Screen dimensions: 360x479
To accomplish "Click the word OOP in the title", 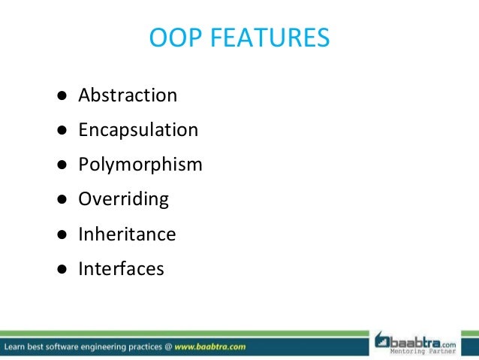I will coord(176,38).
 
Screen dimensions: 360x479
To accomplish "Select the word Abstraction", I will coord(128,95).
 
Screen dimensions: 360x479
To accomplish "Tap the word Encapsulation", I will coord(138,130).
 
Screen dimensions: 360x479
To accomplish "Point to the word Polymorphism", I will coord(140,165).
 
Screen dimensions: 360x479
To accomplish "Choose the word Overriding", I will coord(124,199).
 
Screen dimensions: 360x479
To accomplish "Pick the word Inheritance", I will coord(127,234).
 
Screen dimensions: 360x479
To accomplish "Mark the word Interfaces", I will coord(121,268).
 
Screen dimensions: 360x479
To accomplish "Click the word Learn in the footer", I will coord(17,347).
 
